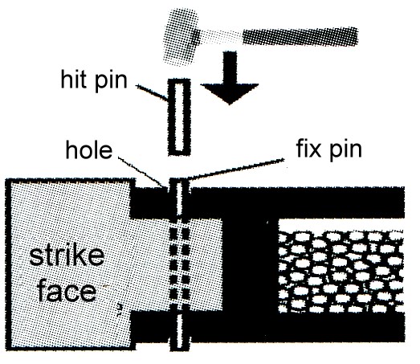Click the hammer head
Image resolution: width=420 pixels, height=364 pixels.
(181, 37)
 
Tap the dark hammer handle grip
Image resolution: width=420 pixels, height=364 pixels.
(300, 37)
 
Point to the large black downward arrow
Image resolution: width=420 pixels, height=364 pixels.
(230, 78)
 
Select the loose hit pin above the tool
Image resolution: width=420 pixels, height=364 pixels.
(179, 117)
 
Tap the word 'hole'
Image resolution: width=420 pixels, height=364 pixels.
(89, 150)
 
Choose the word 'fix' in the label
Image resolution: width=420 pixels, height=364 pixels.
(308, 148)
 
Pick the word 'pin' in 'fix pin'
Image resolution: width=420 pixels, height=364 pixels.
(345, 150)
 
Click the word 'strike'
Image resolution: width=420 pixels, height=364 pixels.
(67, 256)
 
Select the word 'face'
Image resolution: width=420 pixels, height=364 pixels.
(67, 292)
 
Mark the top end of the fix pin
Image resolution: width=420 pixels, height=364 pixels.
(179, 179)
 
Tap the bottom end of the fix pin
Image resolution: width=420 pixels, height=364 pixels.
(180, 349)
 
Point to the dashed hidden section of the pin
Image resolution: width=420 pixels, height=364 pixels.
(179, 265)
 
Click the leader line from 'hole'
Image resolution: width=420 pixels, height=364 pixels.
(141, 172)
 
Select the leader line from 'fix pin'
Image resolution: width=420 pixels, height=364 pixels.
(235, 169)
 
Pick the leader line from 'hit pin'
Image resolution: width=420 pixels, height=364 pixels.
(152, 92)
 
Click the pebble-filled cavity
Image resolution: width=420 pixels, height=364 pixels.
(340, 272)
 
